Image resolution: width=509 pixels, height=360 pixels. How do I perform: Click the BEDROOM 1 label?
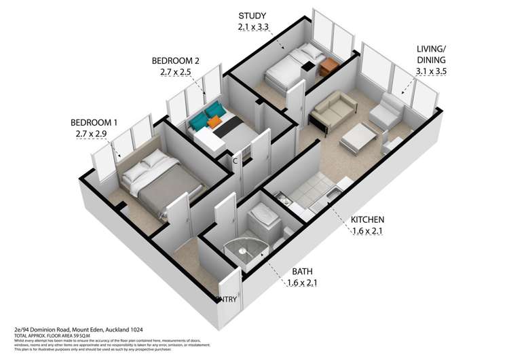pos(94,122)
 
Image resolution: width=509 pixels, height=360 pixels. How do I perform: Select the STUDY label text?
pos(252,16)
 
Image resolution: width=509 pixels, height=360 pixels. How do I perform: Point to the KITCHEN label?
pos(368,219)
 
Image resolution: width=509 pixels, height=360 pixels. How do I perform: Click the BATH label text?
pos(302,272)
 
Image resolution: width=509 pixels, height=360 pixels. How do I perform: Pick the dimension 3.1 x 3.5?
pos(432,70)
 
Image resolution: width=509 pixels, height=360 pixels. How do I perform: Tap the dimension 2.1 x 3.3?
pos(252,28)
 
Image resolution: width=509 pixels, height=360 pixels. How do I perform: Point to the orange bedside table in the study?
pos(329,66)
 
